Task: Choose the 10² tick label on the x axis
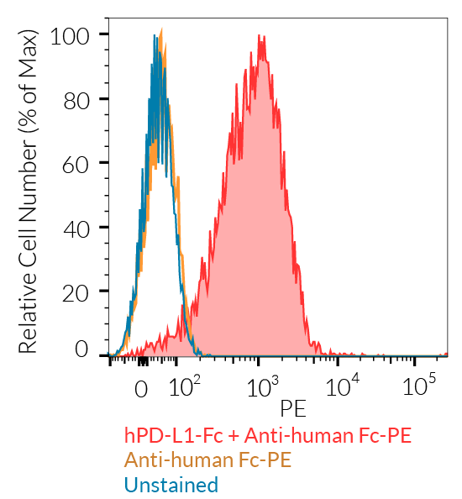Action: (x=185, y=387)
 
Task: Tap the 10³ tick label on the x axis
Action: (x=264, y=387)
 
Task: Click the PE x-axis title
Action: (x=293, y=409)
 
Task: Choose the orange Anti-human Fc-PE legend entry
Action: (x=207, y=460)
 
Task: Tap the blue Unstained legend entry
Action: (x=171, y=485)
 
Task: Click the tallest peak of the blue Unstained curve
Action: (x=155, y=35)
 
